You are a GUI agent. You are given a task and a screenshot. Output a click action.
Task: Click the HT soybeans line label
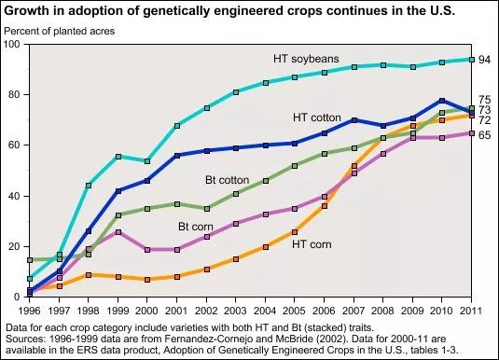point(306,59)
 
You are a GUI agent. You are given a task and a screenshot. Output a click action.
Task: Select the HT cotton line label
point(317,118)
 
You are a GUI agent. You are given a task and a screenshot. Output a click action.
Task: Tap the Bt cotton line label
point(228,180)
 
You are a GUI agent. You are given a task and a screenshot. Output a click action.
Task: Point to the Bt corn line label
point(196,227)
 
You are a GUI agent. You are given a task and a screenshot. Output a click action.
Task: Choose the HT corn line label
point(312,244)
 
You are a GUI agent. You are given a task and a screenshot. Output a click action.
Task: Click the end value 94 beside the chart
point(485,60)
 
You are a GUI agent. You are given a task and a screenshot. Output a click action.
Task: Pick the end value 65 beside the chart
point(485,135)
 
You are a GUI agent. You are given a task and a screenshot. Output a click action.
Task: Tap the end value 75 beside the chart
point(485,100)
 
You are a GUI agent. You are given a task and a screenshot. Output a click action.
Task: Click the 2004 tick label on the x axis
point(265,311)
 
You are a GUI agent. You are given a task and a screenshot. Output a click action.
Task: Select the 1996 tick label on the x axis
point(29,311)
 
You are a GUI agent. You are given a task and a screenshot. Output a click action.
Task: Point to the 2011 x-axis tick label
point(471,311)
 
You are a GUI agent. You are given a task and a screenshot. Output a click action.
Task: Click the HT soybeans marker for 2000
point(147,161)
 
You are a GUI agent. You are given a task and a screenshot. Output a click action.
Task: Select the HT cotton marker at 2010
point(442,101)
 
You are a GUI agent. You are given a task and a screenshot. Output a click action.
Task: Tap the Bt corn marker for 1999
point(118,232)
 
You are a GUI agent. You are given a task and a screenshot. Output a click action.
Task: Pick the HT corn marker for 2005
point(295,232)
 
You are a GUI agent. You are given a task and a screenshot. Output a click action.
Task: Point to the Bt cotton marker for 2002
point(207,209)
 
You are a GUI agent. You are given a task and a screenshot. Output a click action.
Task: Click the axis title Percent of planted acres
point(60,31)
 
